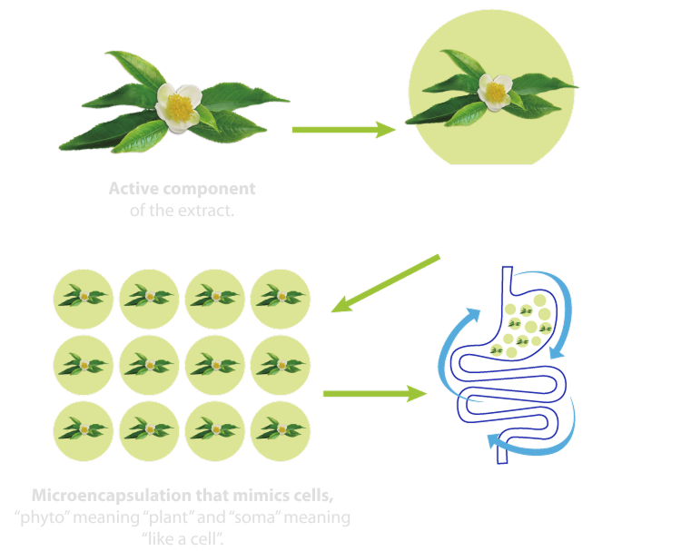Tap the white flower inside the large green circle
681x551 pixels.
(x=494, y=91)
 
